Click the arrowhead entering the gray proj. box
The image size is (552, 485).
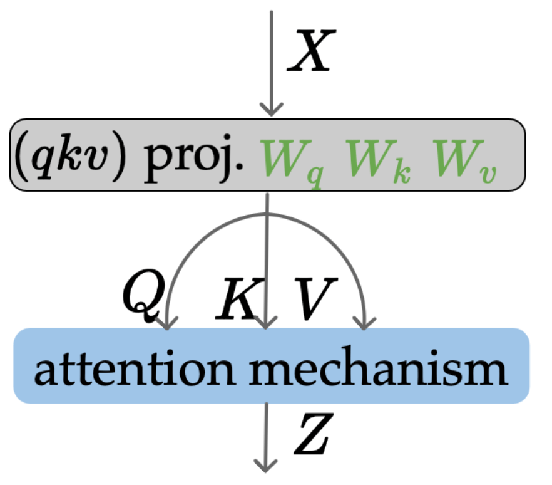[270, 110]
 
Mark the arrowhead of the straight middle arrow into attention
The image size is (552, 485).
[267, 323]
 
